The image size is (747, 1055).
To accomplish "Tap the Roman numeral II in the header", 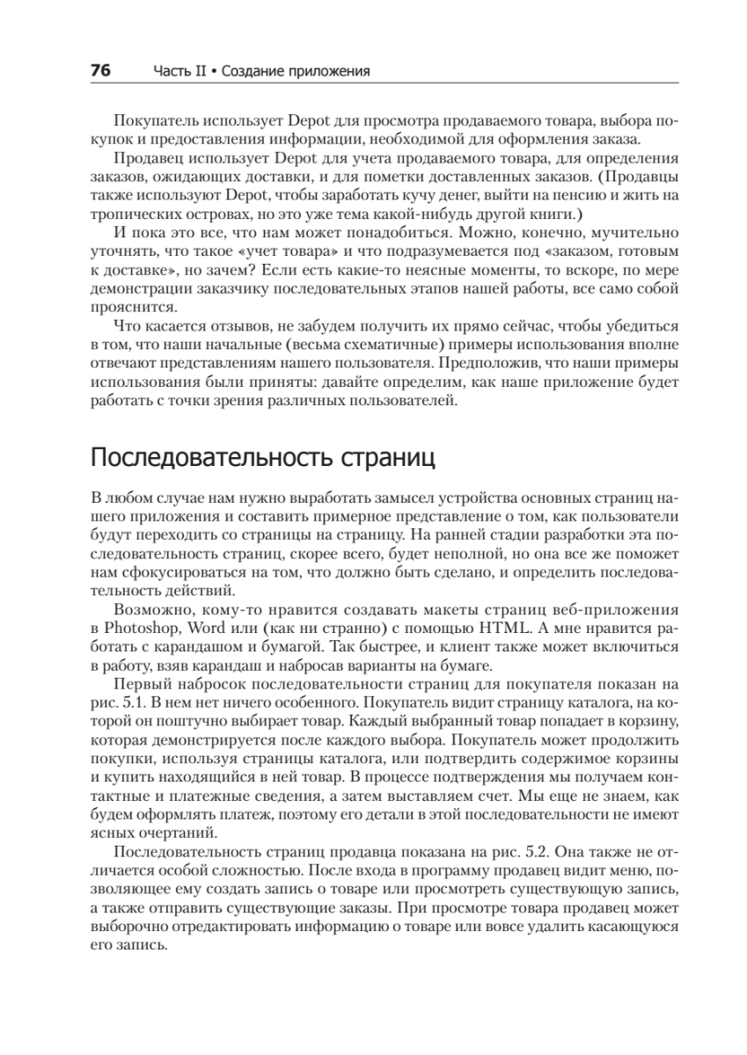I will point(195,71).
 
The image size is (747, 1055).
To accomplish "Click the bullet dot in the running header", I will point(213,71).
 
